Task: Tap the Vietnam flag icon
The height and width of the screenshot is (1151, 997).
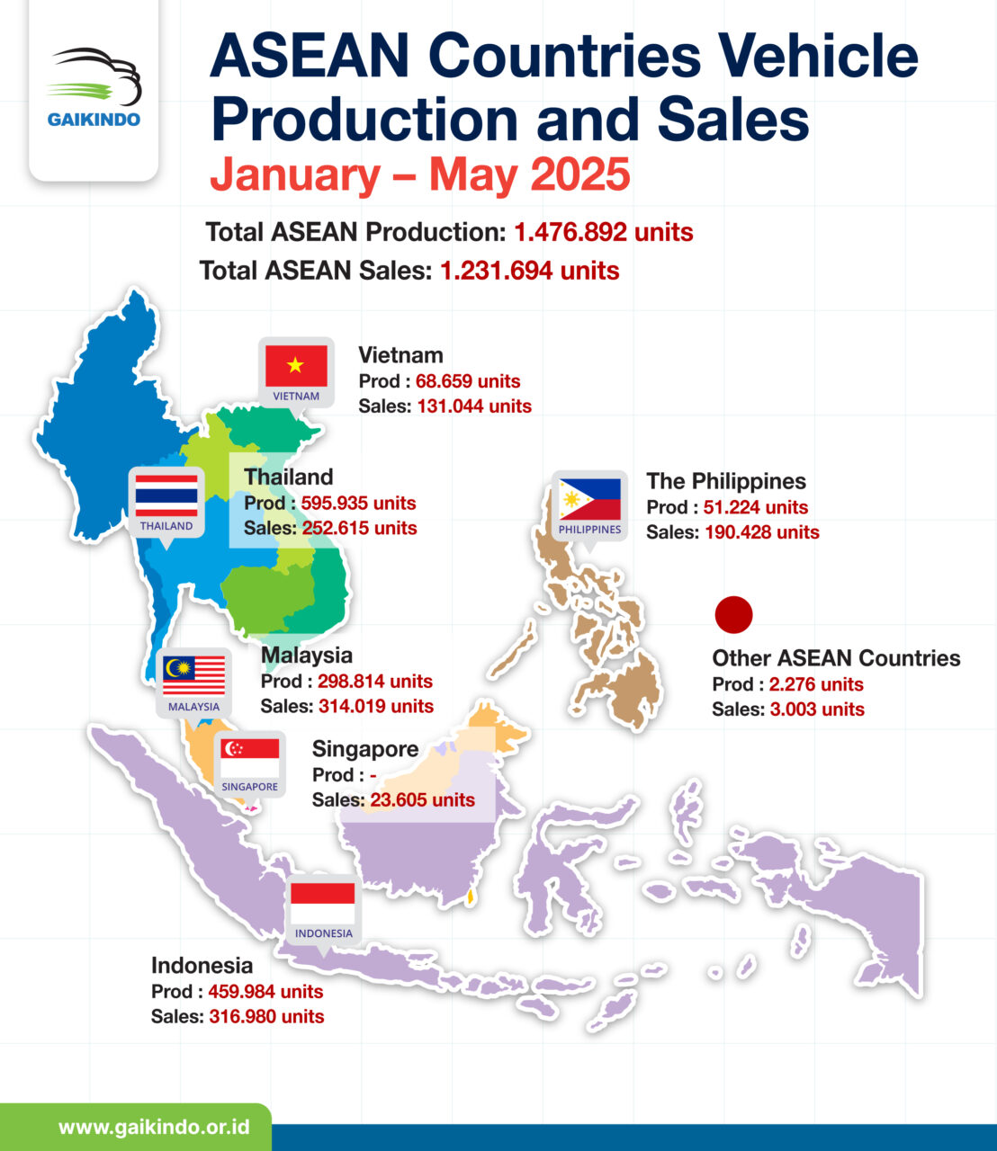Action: point(296,367)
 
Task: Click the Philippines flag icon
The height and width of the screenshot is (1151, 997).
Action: point(589,500)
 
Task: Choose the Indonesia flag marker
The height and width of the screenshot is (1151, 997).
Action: point(323,904)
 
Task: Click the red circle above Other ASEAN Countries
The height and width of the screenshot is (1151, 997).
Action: point(733,615)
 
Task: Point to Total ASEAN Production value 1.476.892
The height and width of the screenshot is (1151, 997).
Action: point(603,232)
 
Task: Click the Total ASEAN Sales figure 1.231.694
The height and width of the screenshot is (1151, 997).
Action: point(529,271)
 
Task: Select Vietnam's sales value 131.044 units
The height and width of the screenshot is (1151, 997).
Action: point(474,406)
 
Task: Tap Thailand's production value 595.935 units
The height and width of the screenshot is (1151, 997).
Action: point(358,503)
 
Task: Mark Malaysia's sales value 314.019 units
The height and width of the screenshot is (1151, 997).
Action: point(376,707)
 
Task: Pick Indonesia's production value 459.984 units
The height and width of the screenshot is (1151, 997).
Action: point(265,992)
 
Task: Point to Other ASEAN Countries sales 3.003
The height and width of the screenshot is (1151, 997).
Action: point(816,709)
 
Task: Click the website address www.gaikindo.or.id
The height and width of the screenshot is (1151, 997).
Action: point(154,1128)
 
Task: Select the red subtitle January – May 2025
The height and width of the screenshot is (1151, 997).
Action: point(420,174)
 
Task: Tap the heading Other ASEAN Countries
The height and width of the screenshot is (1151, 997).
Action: point(836,658)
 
